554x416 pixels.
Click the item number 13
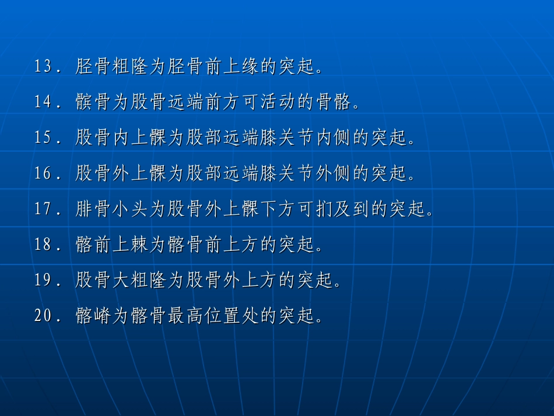coord(44,67)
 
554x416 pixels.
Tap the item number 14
coord(44,103)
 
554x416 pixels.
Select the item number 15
coord(44,138)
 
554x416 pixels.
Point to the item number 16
coord(44,174)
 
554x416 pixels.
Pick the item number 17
coord(44,209)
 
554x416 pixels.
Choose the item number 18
coord(44,245)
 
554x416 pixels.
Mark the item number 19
coord(44,281)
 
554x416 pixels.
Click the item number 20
coord(44,316)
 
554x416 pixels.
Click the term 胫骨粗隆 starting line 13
coord(111,67)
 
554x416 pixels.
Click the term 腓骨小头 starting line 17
coord(111,209)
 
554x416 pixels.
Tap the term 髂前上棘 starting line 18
coord(111,245)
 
